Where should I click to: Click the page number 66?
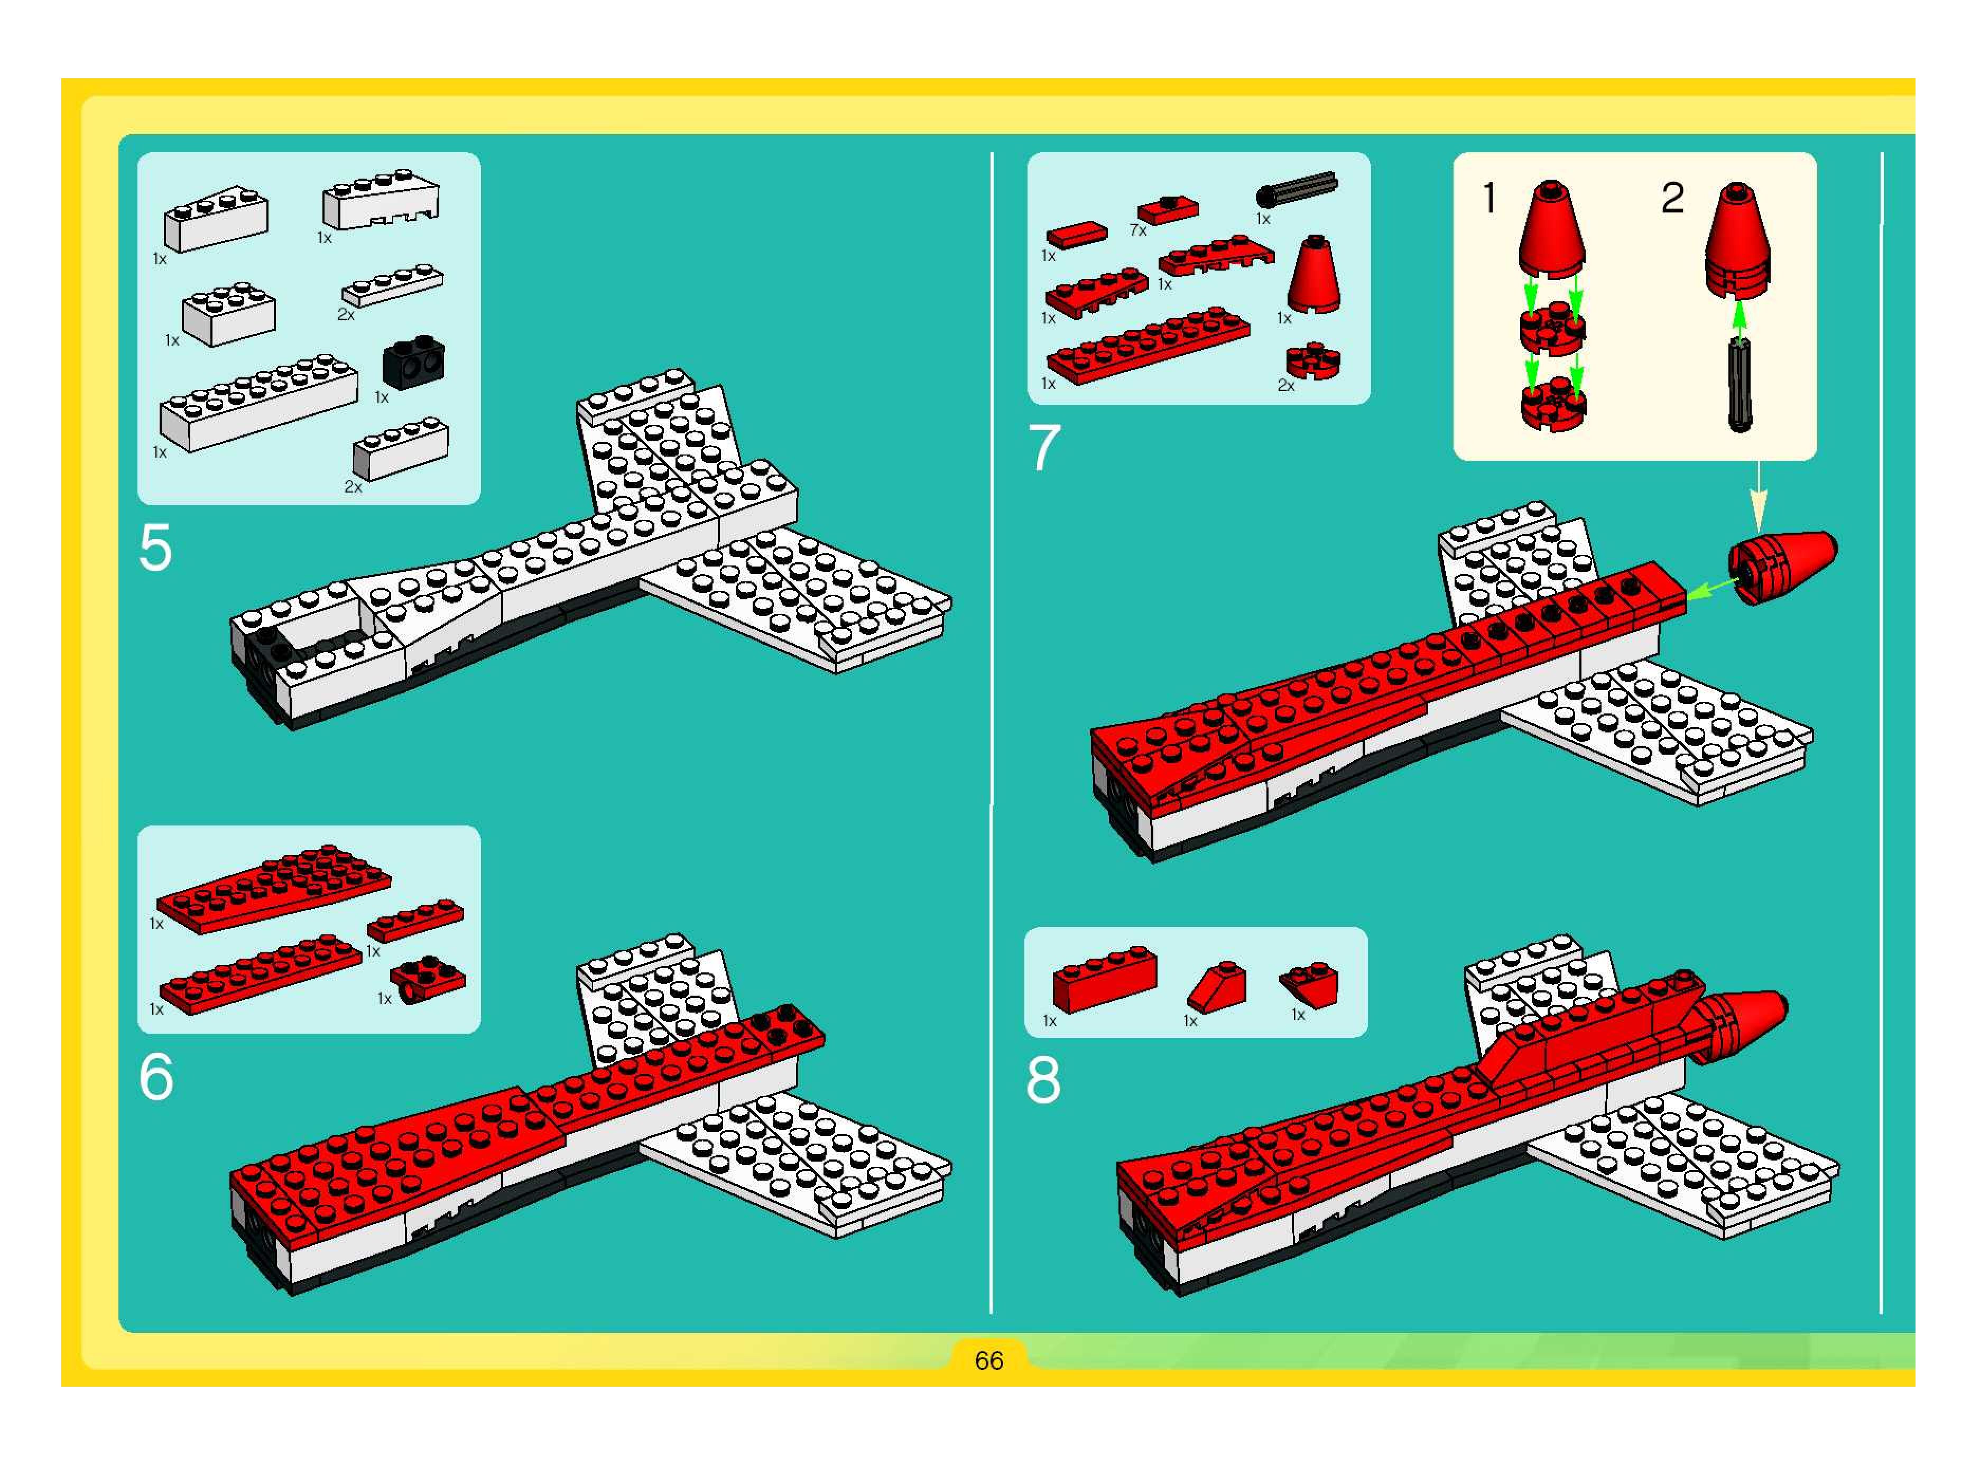(988, 1360)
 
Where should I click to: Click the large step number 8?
(1044, 1080)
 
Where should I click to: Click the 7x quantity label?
(1138, 230)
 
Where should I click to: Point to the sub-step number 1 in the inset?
(1490, 197)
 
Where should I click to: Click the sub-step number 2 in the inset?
(1672, 197)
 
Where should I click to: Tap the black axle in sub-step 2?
(1740, 385)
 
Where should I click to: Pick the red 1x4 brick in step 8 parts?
(1105, 979)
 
